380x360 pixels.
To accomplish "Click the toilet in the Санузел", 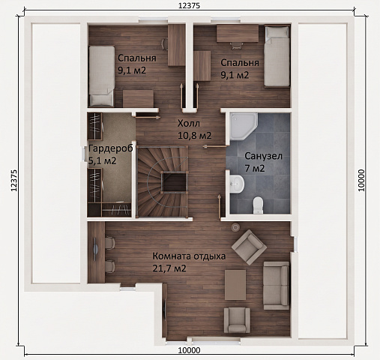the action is pyautogui.click(x=258, y=205).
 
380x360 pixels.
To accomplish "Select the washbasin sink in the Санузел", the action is pyautogui.click(x=236, y=184).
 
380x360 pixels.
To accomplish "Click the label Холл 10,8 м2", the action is pyautogui.click(x=194, y=130).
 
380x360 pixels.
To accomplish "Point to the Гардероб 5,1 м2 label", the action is pyautogui.click(x=111, y=154).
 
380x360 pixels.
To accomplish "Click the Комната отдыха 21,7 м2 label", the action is pyautogui.click(x=189, y=262).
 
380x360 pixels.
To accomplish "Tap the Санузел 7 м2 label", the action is pyautogui.click(x=263, y=162).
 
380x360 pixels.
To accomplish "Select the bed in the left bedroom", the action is pyautogui.click(x=102, y=76).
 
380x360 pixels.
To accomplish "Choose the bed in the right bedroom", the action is pyautogui.click(x=277, y=57).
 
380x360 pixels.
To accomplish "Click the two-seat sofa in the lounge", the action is pyautogui.click(x=277, y=286).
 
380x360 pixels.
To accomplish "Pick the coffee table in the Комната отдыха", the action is pyautogui.click(x=235, y=285).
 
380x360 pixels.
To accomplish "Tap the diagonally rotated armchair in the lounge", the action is pyautogui.click(x=249, y=247).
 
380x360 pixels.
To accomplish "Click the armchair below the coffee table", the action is pyautogui.click(x=237, y=320).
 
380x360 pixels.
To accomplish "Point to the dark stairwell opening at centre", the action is pyautogui.click(x=175, y=182).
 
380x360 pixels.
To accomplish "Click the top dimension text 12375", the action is pyautogui.click(x=189, y=6).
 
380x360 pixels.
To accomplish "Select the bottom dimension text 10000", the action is pyautogui.click(x=189, y=350).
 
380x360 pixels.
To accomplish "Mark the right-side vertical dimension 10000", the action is pyautogui.click(x=361, y=181).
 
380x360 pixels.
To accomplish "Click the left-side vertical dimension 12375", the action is pyautogui.click(x=14, y=181).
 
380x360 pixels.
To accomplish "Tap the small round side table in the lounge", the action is pyautogui.click(x=235, y=227).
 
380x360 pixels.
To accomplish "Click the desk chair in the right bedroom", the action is pyautogui.click(x=236, y=45).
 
